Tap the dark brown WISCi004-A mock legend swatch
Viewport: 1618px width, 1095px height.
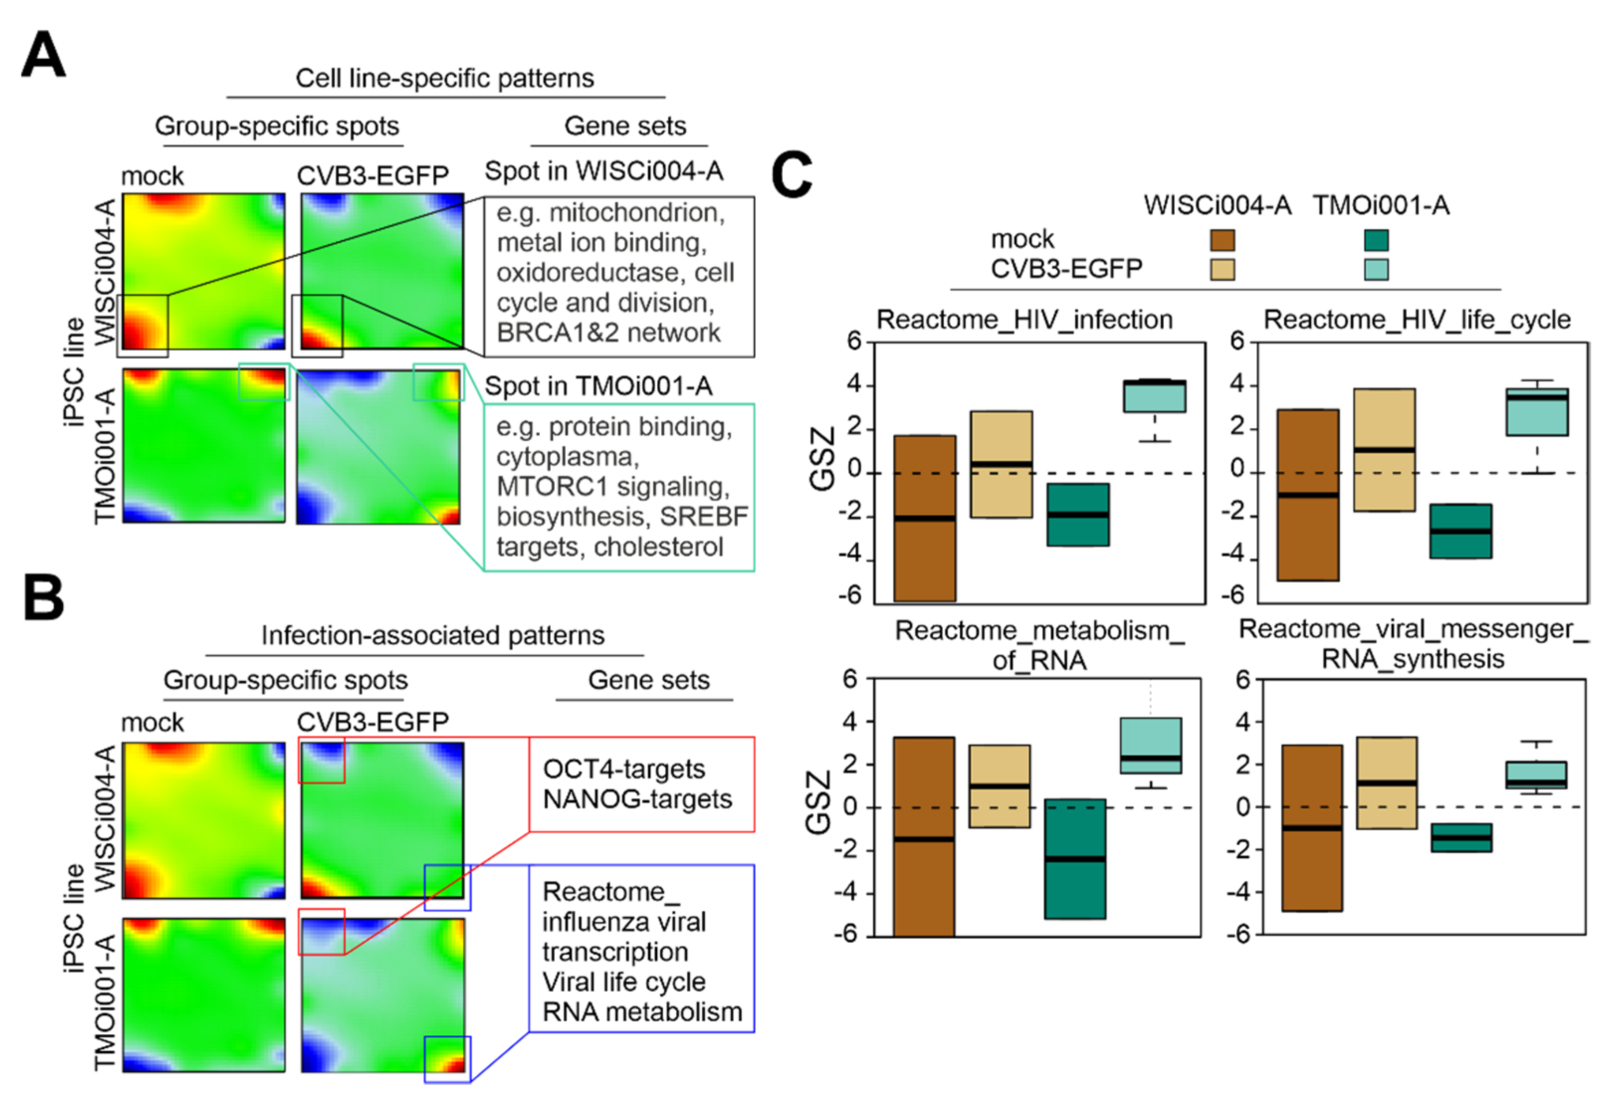tap(1222, 240)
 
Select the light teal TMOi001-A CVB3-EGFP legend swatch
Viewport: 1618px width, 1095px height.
tap(1376, 270)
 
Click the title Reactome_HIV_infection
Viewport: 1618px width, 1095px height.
tap(1024, 319)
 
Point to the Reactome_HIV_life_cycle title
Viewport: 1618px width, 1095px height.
tap(1417, 319)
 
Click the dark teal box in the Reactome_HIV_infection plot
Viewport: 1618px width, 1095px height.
tap(1078, 514)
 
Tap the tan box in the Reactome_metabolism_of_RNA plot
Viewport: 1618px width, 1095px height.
tap(999, 786)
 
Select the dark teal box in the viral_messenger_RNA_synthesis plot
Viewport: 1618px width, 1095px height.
tap(1461, 837)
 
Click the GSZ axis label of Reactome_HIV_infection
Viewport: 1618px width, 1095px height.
tap(822, 459)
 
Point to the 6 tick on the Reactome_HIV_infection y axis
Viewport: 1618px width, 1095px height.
tap(854, 341)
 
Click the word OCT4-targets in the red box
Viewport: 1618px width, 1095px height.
tap(624, 769)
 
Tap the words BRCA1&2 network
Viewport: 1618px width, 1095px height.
tap(608, 333)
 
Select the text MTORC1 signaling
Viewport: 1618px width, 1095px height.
tap(612, 486)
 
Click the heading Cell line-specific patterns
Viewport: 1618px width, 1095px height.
tap(445, 78)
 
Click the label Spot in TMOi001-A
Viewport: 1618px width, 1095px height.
tap(598, 386)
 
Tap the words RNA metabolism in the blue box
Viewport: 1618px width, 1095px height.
tap(642, 1011)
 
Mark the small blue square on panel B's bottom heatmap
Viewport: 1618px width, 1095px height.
tap(448, 1059)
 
